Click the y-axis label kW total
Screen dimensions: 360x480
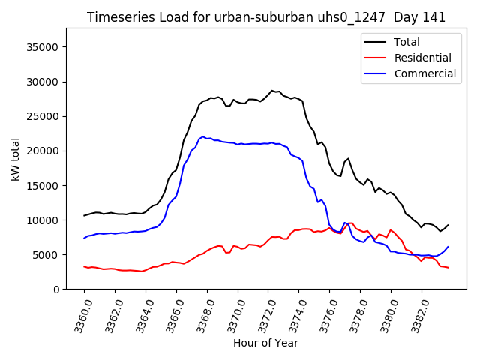point(15,159)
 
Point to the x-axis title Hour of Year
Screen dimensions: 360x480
point(265,343)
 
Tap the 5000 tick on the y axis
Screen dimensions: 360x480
point(47,255)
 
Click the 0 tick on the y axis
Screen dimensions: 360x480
point(55,289)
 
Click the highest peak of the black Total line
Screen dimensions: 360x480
point(272,91)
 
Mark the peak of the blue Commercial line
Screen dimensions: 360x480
point(203,136)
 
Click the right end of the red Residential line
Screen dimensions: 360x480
point(448,268)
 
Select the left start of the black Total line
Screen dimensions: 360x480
point(84,216)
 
